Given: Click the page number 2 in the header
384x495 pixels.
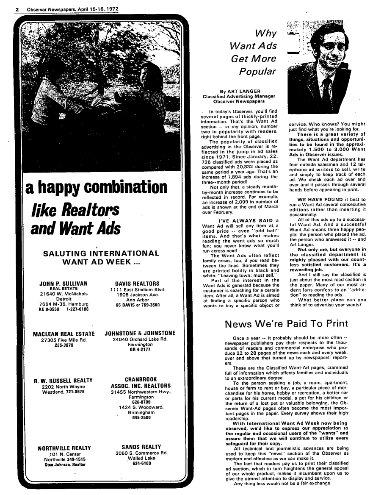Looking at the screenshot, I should point(17,9).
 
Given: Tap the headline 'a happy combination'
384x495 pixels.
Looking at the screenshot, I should point(97,188).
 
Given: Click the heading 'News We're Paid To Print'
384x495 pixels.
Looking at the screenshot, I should point(287,324).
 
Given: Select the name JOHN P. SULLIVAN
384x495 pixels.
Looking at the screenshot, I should point(63,284).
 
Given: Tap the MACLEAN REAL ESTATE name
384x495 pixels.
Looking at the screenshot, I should point(64,334).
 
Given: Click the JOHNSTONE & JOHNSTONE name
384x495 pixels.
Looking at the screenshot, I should point(140,334).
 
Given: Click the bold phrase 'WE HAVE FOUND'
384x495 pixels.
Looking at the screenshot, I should point(319,199).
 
